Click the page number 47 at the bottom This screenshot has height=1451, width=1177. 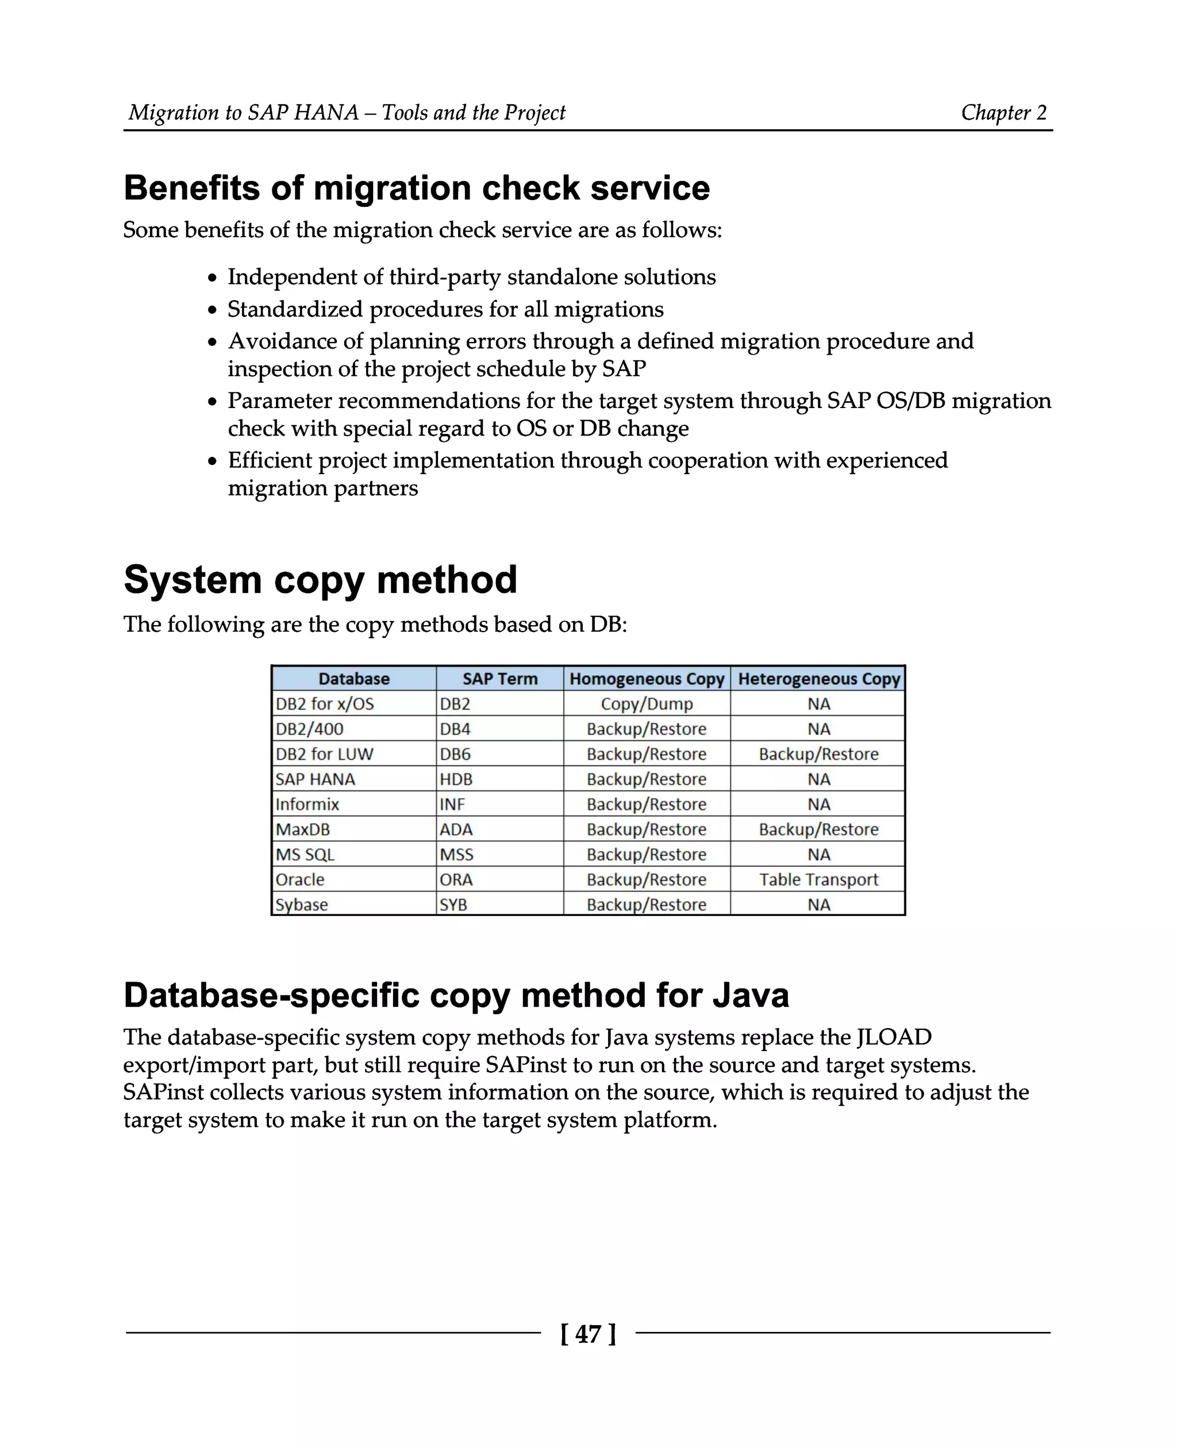pyautogui.click(x=588, y=1334)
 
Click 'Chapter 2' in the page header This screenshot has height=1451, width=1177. pyautogui.click(x=1003, y=113)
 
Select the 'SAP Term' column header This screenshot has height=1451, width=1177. pyautogui.click(x=499, y=679)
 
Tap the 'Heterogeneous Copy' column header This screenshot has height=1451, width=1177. pyautogui.click(x=818, y=679)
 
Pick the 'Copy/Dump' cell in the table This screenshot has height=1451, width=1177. pyautogui.click(x=646, y=704)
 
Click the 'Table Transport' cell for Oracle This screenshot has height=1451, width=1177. pyautogui.click(x=818, y=879)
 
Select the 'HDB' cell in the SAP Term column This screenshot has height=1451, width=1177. pyautogui.click(x=456, y=779)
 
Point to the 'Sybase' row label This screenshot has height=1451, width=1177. pyautogui.click(x=302, y=905)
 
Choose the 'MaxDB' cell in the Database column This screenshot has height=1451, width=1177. pyautogui.click(x=302, y=829)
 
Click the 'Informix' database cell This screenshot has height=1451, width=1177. pyautogui.click(x=307, y=804)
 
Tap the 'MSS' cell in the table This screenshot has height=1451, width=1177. pyautogui.click(x=456, y=855)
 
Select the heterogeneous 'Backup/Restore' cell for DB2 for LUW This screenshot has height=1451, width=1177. pyautogui.click(x=818, y=754)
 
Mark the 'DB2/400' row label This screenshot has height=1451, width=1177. pyautogui.click(x=309, y=729)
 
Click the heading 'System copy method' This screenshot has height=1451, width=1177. pyautogui.click(x=320, y=580)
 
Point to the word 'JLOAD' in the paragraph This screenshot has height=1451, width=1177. pyautogui.click(x=894, y=1037)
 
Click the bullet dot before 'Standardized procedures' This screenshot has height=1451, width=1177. pyautogui.click(x=213, y=310)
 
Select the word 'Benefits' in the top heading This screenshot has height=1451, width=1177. pyautogui.click(x=191, y=188)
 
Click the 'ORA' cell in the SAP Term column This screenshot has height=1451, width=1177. pyautogui.click(x=456, y=879)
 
